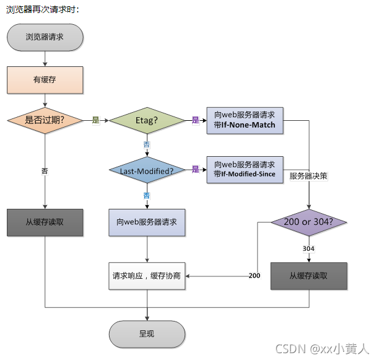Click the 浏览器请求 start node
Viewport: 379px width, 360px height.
click(45, 37)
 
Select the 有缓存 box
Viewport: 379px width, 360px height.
click(45, 79)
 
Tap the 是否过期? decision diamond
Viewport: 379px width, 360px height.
click(45, 120)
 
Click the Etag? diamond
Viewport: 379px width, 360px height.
click(146, 120)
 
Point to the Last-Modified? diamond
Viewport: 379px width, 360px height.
click(146, 170)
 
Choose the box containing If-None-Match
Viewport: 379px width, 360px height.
click(245, 120)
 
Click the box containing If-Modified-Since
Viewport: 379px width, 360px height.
click(245, 170)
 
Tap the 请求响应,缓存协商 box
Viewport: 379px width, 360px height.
click(147, 276)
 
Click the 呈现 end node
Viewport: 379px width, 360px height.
click(147, 334)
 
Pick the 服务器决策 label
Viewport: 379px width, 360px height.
click(308, 176)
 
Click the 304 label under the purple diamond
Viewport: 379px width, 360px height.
click(308, 248)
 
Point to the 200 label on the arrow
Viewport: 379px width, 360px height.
click(254, 276)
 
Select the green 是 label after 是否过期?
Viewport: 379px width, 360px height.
click(95, 120)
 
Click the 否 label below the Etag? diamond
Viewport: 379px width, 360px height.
click(147, 144)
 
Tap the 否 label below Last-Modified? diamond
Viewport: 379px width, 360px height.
click(147, 195)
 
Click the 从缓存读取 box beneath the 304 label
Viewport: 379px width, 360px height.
click(308, 276)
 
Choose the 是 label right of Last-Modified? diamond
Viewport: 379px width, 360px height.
click(195, 169)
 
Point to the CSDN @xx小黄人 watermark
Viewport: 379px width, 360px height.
click(322, 349)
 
